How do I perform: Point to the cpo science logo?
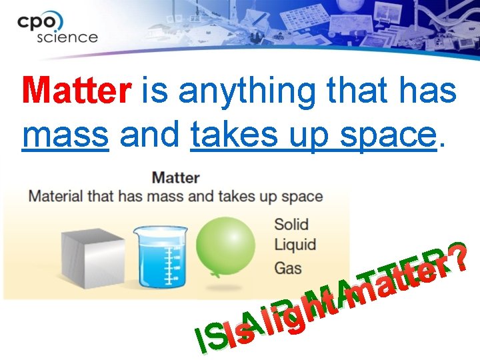(56, 27)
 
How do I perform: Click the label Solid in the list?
(291, 223)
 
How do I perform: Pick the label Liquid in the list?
(295, 244)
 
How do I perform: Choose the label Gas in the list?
(287, 268)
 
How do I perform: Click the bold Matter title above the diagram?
(175, 178)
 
